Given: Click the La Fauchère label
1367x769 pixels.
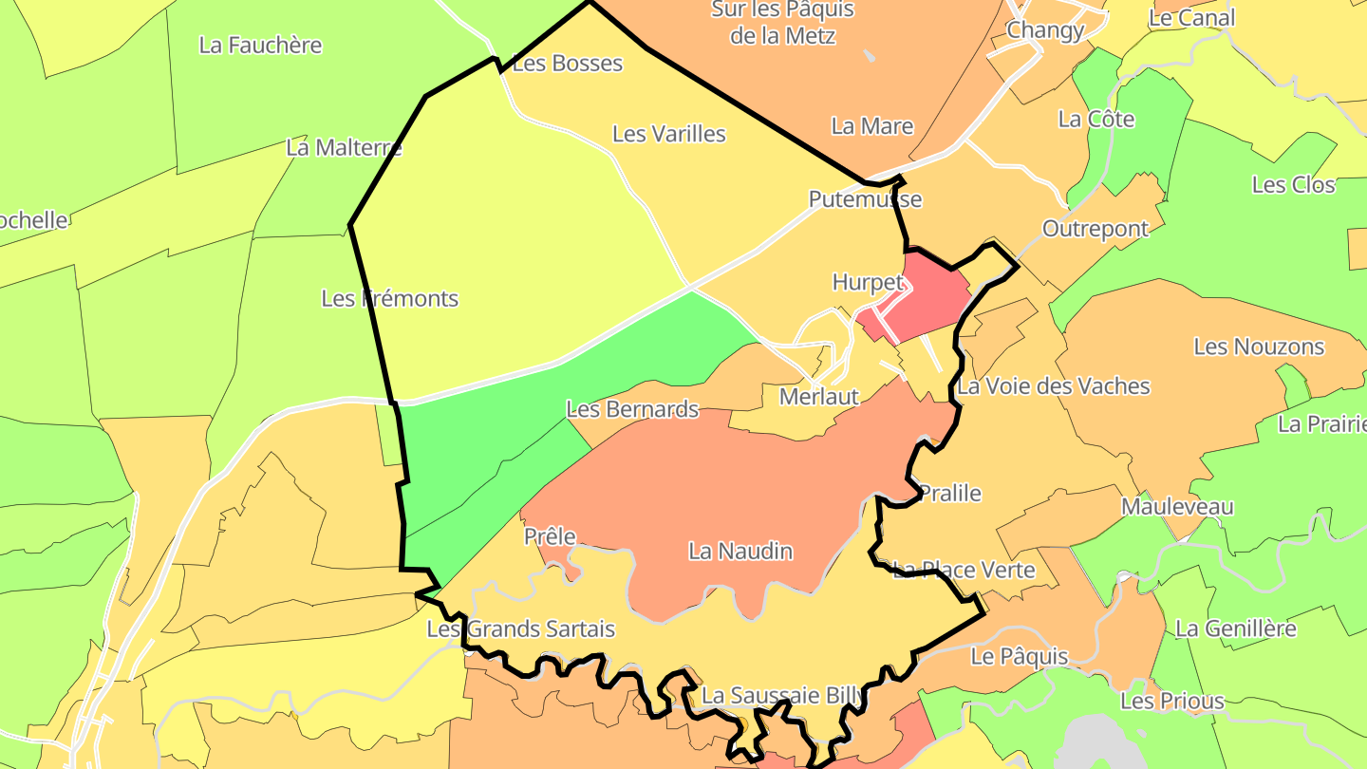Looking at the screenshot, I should click(260, 45).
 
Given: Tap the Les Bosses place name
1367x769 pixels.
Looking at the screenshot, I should click(567, 64).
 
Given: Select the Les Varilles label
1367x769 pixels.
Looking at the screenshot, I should click(668, 134).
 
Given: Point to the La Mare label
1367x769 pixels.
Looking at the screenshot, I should click(871, 126).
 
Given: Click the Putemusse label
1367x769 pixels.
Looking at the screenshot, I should click(865, 199).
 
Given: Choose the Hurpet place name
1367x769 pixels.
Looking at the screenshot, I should click(868, 282).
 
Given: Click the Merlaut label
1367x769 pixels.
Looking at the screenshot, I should click(818, 397).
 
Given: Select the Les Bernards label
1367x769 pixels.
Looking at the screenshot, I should click(632, 409).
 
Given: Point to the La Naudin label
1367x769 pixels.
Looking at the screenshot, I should click(740, 551).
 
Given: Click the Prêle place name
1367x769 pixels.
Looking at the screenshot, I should click(550, 536).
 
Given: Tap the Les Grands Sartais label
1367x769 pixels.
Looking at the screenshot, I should click(520, 628).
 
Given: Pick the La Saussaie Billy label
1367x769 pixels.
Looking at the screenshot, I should click(782, 696).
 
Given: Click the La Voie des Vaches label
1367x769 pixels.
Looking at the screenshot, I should click(1053, 386).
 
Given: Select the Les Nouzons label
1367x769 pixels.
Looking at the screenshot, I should click(1258, 347).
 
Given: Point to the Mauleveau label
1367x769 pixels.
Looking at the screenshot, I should click(1177, 506).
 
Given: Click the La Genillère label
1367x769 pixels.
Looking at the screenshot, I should click(1235, 628).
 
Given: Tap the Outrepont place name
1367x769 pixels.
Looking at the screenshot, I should click(1095, 229).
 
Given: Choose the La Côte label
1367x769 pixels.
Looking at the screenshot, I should click(1095, 120).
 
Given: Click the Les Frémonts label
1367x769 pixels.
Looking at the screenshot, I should click(389, 298).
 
